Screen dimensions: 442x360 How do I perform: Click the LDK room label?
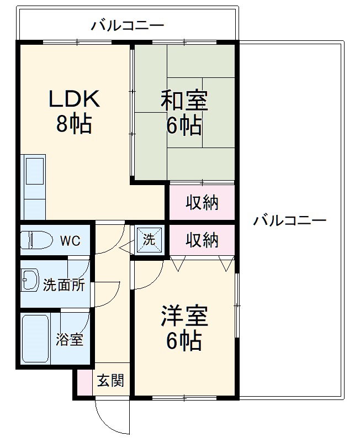[74, 99]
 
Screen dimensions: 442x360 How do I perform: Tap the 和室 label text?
[184, 102]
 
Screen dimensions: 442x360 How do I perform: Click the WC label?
[70, 241]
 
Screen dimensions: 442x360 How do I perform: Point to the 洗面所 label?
[64, 286]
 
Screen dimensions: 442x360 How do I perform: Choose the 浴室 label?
[70, 339]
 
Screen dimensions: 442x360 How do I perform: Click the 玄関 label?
[110, 380]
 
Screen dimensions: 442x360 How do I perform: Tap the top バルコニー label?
[128, 25]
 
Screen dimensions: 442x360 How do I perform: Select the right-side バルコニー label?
[290, 221]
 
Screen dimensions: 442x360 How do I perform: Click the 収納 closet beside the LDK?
[202, 203]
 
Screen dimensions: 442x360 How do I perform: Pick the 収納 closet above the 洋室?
[202, 240]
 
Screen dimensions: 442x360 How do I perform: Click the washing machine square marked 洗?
[150, 240]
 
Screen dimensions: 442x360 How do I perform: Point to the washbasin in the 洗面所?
[30, 280]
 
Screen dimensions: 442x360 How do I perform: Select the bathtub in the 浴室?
[35, 338]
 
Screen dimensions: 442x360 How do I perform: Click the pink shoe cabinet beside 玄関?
[84, 381]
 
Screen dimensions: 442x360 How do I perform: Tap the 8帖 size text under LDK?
[74, 124]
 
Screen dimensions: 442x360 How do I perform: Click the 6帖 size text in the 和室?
[184, 127]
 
